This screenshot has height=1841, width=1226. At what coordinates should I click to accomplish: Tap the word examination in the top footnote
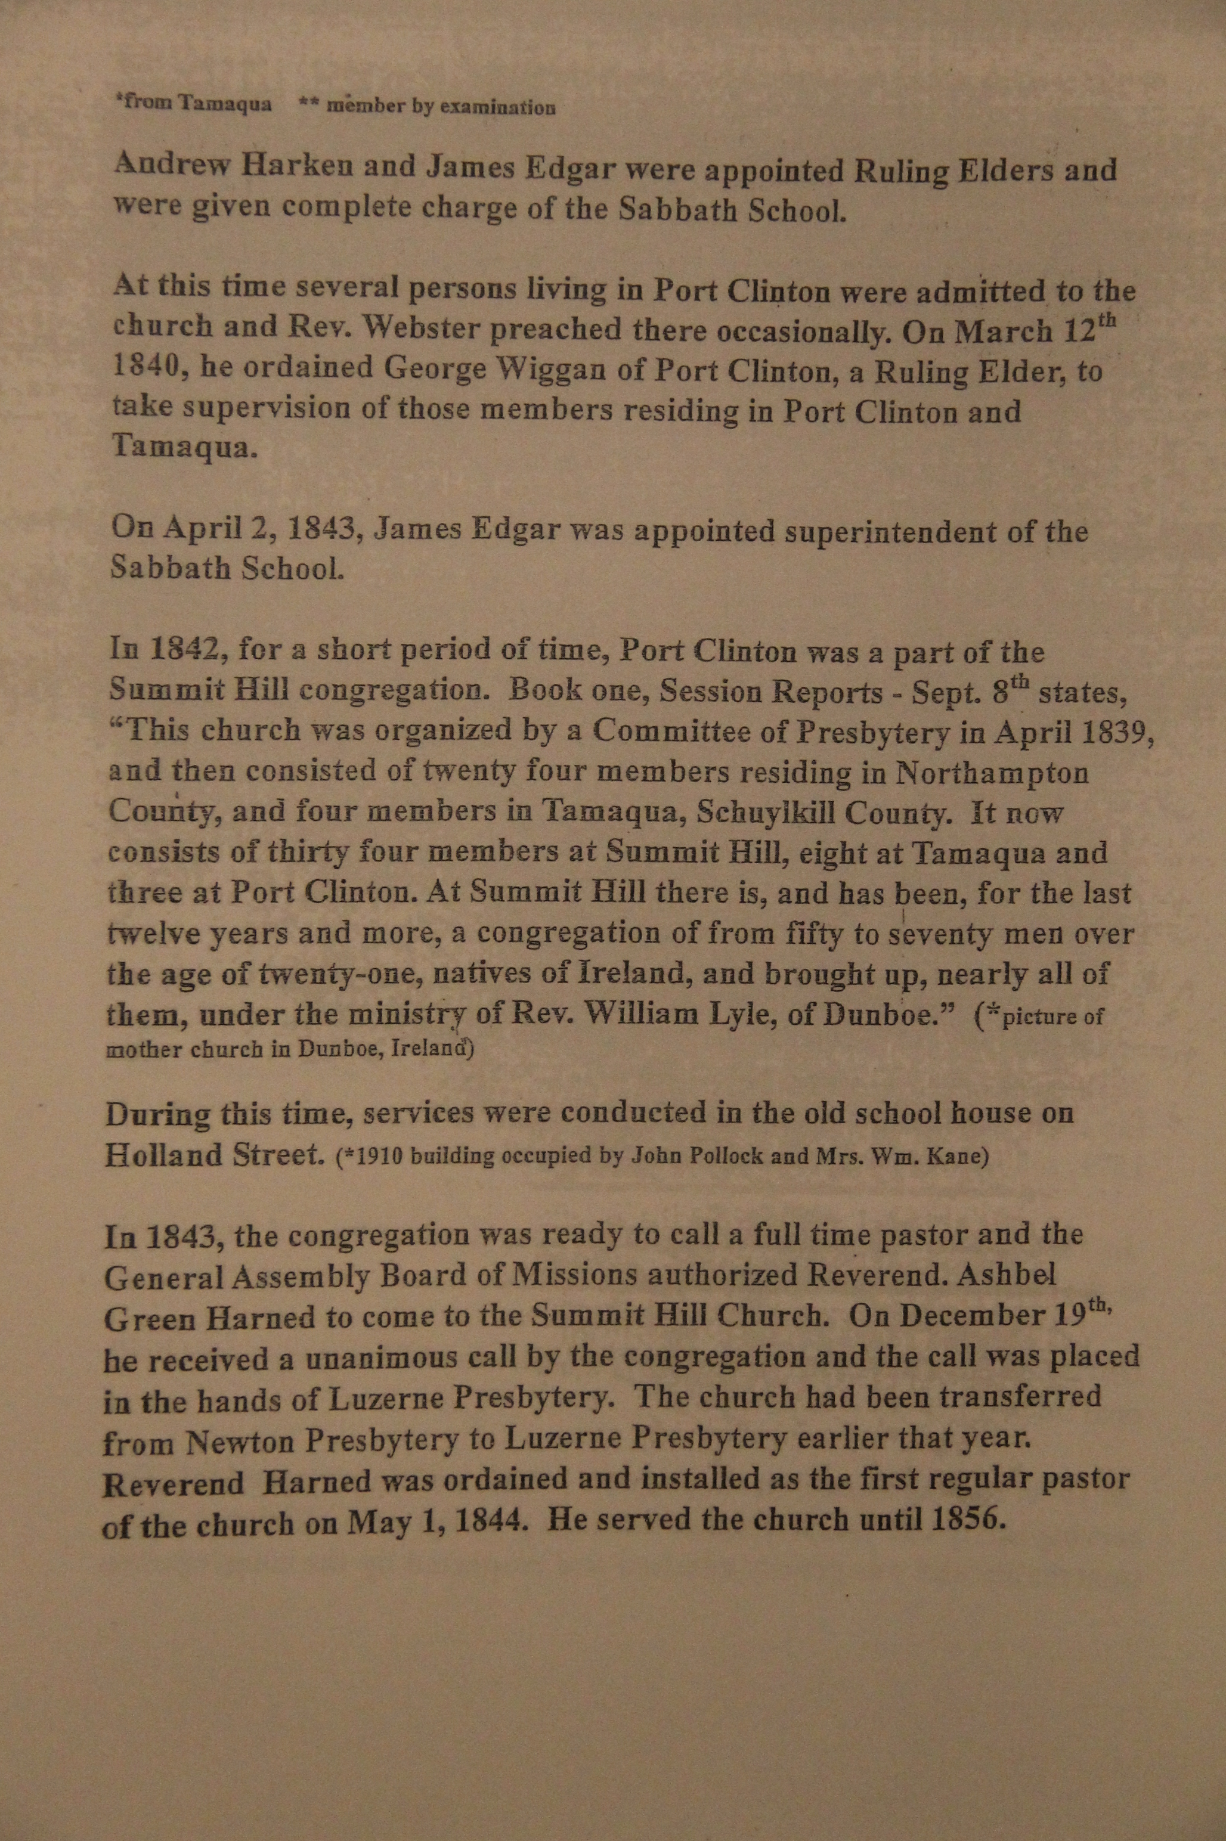(498, 107)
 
